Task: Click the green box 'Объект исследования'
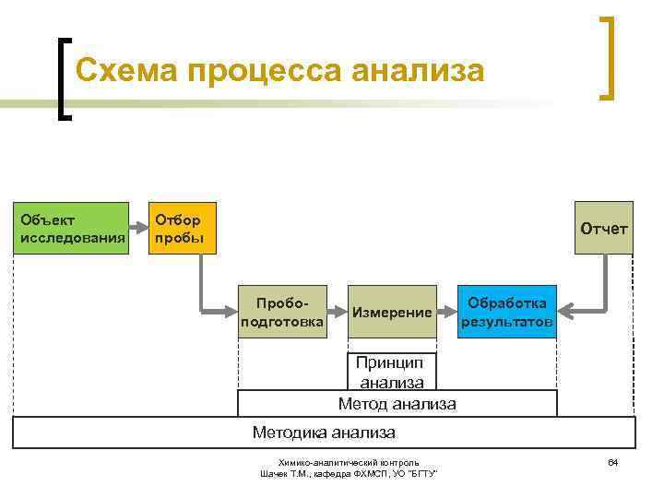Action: point(71,228)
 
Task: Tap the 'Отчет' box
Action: point(603,228)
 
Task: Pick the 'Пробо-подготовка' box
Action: point(281,312)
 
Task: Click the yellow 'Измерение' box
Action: point(392,312)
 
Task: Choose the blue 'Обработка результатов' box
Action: point(507,312)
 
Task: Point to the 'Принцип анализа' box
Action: point(392,372)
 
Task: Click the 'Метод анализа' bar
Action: point(397,403)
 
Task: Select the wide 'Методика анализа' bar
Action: point(325,432)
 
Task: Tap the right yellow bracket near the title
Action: point(607,57)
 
